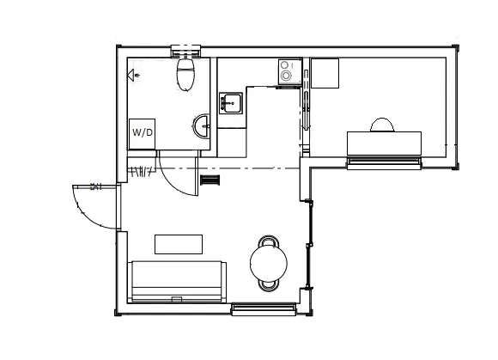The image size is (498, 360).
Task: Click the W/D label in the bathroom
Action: (143, 132)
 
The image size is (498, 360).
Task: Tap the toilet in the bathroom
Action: (185, 74)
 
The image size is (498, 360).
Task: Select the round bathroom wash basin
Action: (201, 126)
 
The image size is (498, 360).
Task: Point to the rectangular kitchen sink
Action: (231, 103)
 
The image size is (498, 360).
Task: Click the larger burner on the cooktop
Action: (286, 76)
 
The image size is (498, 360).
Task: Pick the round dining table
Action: (269, 263)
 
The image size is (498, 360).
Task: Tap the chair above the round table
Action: (269, 241)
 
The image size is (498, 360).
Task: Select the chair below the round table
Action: (269, 285)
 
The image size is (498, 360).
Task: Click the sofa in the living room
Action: (177, 282)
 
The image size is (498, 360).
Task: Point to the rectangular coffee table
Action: (179, 244)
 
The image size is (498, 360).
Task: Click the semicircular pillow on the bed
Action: (382, 125)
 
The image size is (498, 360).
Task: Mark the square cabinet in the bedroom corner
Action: (325, 73)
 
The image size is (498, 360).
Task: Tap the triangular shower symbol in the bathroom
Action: (131, 76)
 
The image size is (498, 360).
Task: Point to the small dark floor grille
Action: (210, 180)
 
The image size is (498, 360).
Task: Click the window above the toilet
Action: (185, 52)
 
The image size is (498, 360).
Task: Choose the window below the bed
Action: (384, 162)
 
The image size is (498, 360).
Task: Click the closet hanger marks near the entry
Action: (142, 171)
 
